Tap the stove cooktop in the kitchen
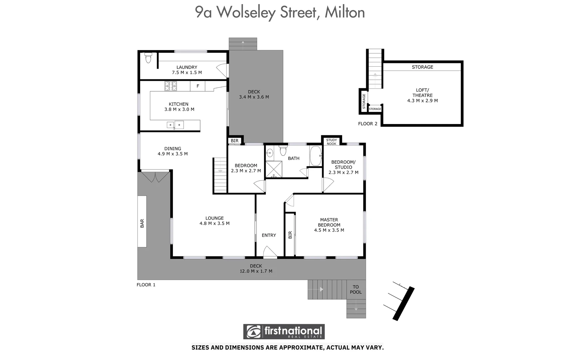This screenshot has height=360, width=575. pyautogui.click(x=171, y=86)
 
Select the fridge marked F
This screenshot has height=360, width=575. pyautogui.click(x=198, y=86)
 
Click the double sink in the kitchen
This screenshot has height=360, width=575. pyautogui.click(x=175, y=125)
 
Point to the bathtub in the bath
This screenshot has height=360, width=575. pyautogui.click(x=315, y=156)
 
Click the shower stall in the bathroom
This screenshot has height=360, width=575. pyautogui.click(x=274, y=169)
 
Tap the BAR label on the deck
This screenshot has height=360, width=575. pyautogui.click(x=142, y=223)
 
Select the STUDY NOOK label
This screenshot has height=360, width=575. pyautogui.click(x=331, y=142)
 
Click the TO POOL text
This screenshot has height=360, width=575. pyautogui.click(x=355, y=289)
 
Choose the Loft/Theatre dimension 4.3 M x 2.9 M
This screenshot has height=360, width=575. pyautogui.click(x=422, y=101)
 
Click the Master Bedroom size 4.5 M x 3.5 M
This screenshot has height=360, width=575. pyautogui.click(x=329, y=230)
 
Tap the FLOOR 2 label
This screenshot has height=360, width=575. pyautogui.click(x=367, y=124)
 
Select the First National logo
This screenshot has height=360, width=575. pyautogui.click(x=284, y=332)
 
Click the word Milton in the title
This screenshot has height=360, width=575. pyautogui.click(x=344, y=13)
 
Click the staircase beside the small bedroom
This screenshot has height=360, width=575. pyautogui.click(x=220, y=176)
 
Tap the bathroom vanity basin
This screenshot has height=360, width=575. pyautogui.click(x=270, y=153)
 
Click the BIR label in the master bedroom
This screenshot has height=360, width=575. pyautogui.click(x=290, y=235)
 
